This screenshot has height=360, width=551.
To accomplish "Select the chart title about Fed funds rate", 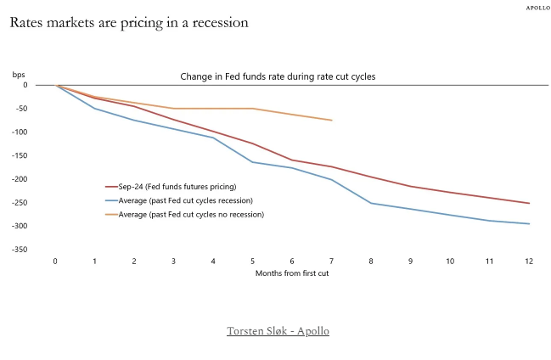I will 278,76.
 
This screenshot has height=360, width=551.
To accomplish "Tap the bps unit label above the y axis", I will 19,75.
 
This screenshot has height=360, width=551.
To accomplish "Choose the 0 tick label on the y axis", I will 25,85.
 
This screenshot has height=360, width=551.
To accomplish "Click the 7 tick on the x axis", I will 331,261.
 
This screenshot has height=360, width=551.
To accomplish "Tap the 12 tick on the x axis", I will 528,261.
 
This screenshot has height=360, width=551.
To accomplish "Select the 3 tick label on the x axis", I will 173,261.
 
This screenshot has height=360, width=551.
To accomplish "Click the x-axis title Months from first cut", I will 291,273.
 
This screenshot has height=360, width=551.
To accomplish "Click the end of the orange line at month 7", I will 331,120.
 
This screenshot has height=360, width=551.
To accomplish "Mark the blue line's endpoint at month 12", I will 528,224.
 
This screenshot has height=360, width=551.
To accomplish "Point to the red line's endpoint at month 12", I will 528,203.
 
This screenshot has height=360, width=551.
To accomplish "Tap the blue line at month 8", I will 371,203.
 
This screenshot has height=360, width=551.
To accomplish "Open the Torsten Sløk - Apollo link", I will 278,330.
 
